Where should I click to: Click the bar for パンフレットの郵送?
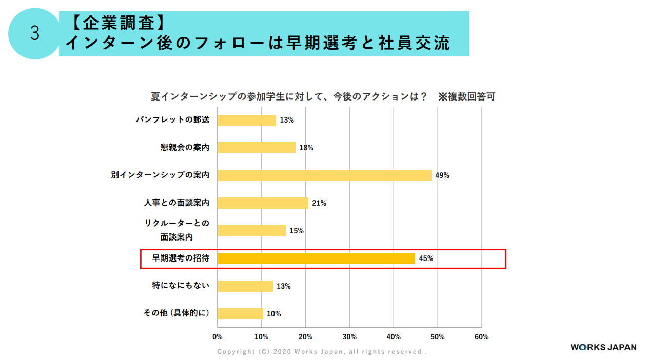[246, 120]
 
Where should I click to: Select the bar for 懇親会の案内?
[256, 148]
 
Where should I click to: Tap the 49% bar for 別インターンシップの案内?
[324, 175]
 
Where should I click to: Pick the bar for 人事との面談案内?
[263, 203]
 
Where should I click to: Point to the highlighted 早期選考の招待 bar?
[316, 258]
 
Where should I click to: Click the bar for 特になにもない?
[245, 286]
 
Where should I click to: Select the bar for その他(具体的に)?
[240, 313]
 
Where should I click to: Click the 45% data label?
[426, 258]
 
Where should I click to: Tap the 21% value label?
[319, 203]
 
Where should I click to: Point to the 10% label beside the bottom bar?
[274, 314]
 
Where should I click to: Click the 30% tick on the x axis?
[349, 337]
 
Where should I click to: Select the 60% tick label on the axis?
[481, 337]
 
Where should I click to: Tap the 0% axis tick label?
[218, 337]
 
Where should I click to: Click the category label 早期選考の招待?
[181, 258]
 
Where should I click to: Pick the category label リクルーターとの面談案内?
[177, 230]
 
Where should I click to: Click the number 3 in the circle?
[35, 33]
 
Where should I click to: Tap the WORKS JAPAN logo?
[603, 347]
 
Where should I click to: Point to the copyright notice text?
[322, 352]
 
